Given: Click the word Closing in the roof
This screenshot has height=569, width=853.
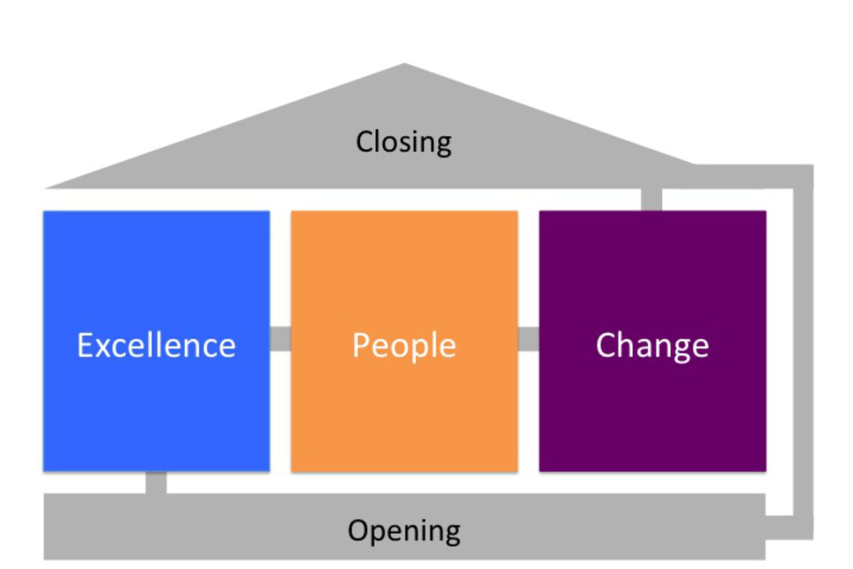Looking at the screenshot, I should (404, 142).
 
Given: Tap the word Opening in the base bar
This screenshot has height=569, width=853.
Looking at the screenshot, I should (404, 530).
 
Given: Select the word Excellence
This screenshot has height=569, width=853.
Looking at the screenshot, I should (156, 345).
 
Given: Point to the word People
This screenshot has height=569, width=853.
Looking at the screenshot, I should (404, 345).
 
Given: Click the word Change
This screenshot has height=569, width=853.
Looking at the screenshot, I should (652, 345).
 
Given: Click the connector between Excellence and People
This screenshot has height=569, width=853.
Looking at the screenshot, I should (280, 339).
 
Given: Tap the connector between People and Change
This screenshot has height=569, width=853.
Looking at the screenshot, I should (528, 339).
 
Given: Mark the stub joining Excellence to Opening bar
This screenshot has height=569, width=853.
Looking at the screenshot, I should (156, 483).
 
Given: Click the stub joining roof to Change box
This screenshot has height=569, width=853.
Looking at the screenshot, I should (652, 199).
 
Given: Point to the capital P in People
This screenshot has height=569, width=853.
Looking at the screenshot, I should (361, 345).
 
